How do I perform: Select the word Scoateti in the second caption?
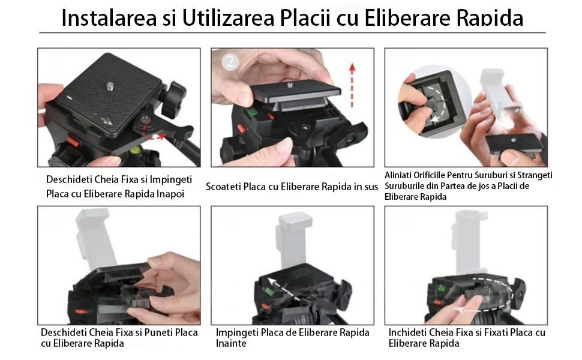tap(223, 187)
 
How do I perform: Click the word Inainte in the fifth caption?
tap(231, 344)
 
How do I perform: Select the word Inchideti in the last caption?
tap(407, 332)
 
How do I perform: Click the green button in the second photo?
tap(252, 112)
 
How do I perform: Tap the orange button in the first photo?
tap(73, 142)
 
